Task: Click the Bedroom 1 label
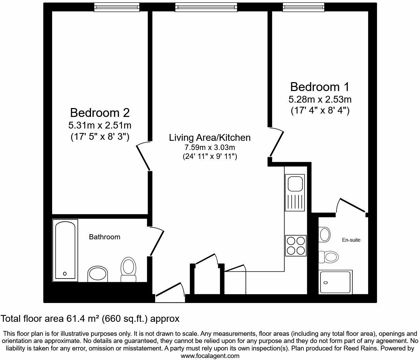pos(319,87)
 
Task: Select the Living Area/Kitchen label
pos(210,137)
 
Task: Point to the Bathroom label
pos(104,237)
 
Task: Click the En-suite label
pos(351,240)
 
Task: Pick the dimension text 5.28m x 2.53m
pos(320,100)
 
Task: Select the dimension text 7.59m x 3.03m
pos(210,148)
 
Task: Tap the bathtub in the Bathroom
pos(65,250)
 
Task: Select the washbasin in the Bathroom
pos(98,274)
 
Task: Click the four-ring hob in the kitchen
pos(296,245)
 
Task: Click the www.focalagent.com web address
pos(210,356)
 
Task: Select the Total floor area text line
pos(90,319)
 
